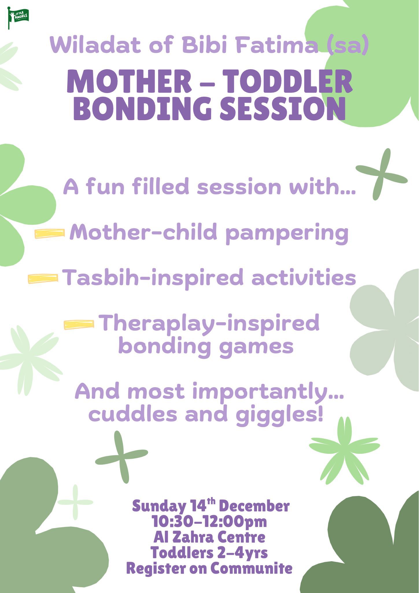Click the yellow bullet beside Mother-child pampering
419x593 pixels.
click(x=49, y=234)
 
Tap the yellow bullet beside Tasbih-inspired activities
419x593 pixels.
click(x=43, y=279)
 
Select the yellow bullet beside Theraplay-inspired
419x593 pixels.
click(x=79, y=325)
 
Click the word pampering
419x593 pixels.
click(x=287, y=234)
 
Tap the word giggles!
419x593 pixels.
click(x=279, y=415)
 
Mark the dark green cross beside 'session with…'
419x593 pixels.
click(x=381, y=174)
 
